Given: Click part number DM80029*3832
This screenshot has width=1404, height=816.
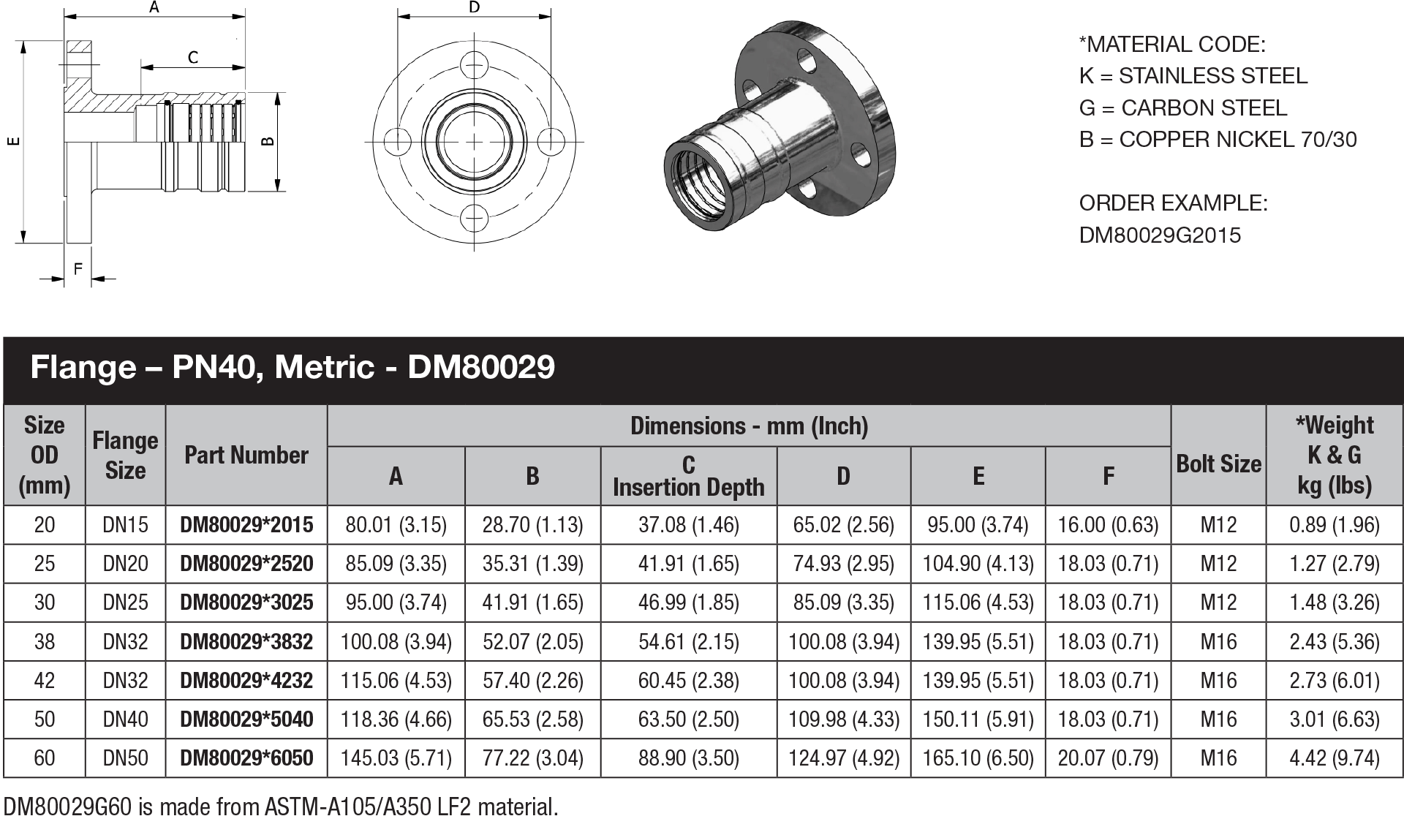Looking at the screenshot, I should (246, 642).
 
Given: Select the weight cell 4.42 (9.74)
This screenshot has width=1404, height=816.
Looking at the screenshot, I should (1334, 758).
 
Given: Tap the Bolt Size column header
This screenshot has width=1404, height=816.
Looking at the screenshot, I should (1218, 464).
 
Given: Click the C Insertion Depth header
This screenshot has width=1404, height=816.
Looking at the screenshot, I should (688, 476).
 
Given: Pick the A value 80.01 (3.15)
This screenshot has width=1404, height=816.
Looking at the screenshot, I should (396, 525).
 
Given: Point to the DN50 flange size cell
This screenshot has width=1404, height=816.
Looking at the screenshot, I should (125, 758).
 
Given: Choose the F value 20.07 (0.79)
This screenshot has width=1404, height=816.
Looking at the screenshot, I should (1108, 758).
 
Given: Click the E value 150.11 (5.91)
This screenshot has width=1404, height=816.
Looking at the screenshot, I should (978, 719).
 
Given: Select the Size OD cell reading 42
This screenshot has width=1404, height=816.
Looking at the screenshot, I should (45, 681).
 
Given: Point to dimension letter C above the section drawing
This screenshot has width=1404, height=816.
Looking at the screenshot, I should (193, 57).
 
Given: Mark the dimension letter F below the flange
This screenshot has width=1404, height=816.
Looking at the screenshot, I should (78, 269).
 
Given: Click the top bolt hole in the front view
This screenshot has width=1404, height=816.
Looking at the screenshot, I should (475, 65).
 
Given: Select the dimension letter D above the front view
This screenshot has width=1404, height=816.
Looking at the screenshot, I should (474, 8).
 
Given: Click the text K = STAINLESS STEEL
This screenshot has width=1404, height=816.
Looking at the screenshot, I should (1193, 76).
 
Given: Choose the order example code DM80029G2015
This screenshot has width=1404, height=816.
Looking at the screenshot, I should (1160, 235).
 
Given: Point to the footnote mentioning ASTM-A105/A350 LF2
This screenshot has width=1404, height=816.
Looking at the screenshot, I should (281, 806).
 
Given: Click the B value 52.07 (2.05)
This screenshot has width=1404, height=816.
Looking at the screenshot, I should (532, 642).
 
